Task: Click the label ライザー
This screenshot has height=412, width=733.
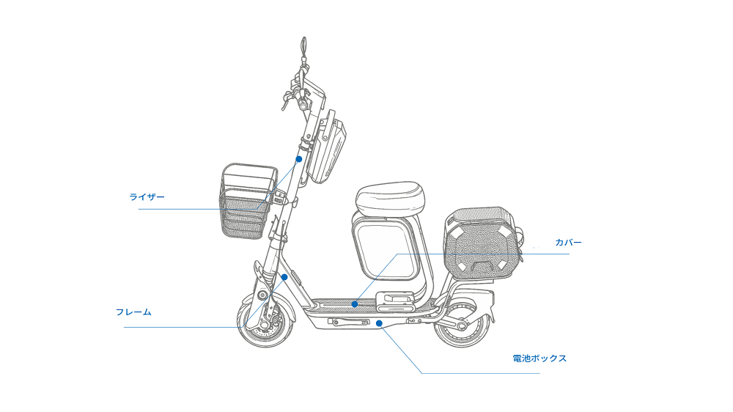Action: pyautogui.click(x=147, y=197)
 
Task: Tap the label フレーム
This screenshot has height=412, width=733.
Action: pyautogui.click(x=133, y=312)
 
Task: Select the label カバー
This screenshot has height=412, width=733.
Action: pyautogui.click(x=569, y=242)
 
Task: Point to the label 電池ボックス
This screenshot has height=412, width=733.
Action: pyautogui.click(x=539, y=358)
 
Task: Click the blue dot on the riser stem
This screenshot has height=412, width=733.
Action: pyautogui.click(x=299, y=159)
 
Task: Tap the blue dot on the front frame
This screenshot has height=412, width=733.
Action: pyautogui.click(x=284, y=277)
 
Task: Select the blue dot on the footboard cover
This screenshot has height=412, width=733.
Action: pyautogui.click(x=355, y=304)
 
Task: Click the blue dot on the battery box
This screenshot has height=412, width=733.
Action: pyautogui.click(x=379, y=323)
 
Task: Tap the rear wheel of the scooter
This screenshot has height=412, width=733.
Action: pyautogui.click(x=463, y=325)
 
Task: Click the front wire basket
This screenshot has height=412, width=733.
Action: pyautogui.click(x=248, y=202)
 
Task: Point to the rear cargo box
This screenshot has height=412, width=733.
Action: pyautogui.click(x=482, y=243)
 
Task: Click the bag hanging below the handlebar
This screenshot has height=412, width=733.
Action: pyautogui.click(x=328, y=147)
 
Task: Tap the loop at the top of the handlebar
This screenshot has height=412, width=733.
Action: pyautogui.click(x=304, y=46)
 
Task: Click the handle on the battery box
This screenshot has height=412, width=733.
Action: pyautogui.click(x=349, y=322)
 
